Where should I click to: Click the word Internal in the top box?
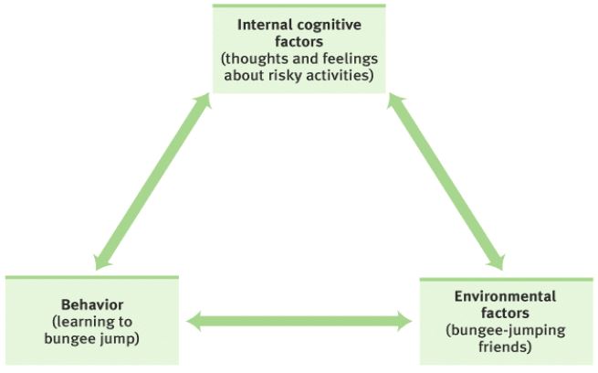point(265,25)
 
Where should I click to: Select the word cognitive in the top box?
point(330,26)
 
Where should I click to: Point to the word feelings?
point(350,59)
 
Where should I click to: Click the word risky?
point(285,76)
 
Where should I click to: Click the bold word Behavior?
point(92,304)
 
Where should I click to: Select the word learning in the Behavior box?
point(82,322)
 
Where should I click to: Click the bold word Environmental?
point(505,296)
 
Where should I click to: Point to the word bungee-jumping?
point(505,331)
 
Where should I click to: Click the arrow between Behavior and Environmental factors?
point(299,321)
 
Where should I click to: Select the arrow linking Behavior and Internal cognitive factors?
point(153,181)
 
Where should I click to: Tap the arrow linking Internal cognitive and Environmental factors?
point(446,182)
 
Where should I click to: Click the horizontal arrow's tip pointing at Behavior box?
point(187,321)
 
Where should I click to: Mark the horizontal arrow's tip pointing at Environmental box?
point(412,321)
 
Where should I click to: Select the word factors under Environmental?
point(505,313)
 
